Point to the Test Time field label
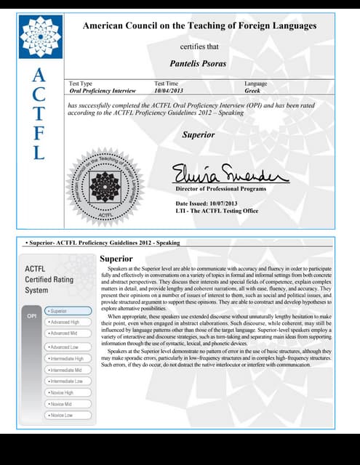point(166,84)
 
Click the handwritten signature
point(229,174)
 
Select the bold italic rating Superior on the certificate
point(198,135)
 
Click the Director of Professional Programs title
point(221,189)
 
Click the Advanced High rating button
point(68,321)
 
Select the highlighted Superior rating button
point(67,310)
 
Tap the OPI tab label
point(32,317)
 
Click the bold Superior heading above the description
point(116,259)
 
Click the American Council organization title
point(200,26)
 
